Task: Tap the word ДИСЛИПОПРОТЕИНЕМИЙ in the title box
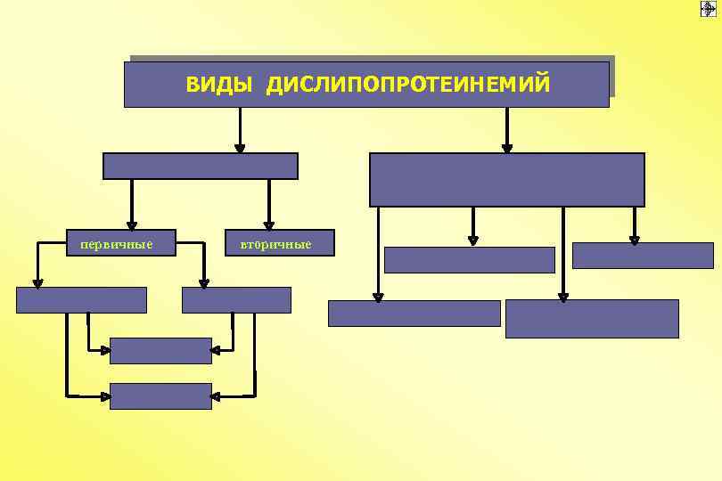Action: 408,85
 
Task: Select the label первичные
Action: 116,243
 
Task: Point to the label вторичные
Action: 269,244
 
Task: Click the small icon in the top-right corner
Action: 708,9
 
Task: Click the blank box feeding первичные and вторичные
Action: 200,167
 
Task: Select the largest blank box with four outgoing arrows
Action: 506,179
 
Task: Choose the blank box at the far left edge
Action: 81,300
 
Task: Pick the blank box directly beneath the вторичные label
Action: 236,300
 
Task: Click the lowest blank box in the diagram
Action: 160,396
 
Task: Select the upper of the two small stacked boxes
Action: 160,351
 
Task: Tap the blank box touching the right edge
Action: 643,256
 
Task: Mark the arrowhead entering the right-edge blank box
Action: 634,238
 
